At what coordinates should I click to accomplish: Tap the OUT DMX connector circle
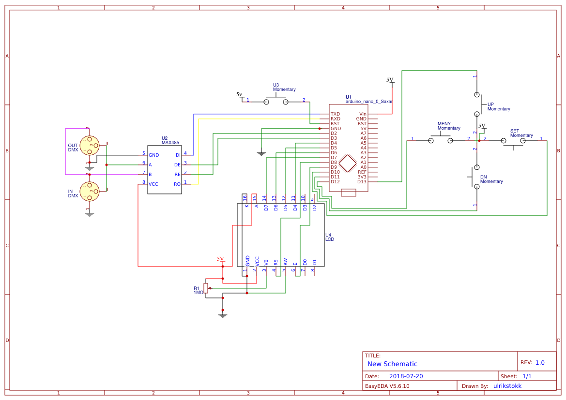click(89, 146)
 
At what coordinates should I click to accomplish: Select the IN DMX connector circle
click(89, 191)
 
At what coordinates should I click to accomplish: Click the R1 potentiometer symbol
click(206, 288)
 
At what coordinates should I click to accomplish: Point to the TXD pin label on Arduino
click(335, 114)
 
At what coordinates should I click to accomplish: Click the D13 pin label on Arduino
click(362, 182)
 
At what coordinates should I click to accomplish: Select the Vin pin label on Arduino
click(363, 114)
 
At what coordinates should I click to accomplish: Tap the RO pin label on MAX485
click(177, 184)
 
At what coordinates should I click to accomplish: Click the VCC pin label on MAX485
click(153, 184)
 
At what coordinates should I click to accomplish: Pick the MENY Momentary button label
click(449, 126)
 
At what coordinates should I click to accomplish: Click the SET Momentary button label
click(521, 133)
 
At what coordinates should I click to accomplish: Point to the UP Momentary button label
click(499, 107)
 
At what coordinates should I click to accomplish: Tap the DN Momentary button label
click(491, 179)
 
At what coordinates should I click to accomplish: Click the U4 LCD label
click(330, 237)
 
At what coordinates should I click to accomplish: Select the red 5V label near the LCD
click(220, 259)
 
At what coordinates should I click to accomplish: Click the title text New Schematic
click(392, 364)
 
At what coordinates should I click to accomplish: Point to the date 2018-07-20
click(406, 376)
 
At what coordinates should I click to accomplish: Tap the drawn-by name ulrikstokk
click(507, 386)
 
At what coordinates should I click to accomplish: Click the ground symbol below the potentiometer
click(223, 316)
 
